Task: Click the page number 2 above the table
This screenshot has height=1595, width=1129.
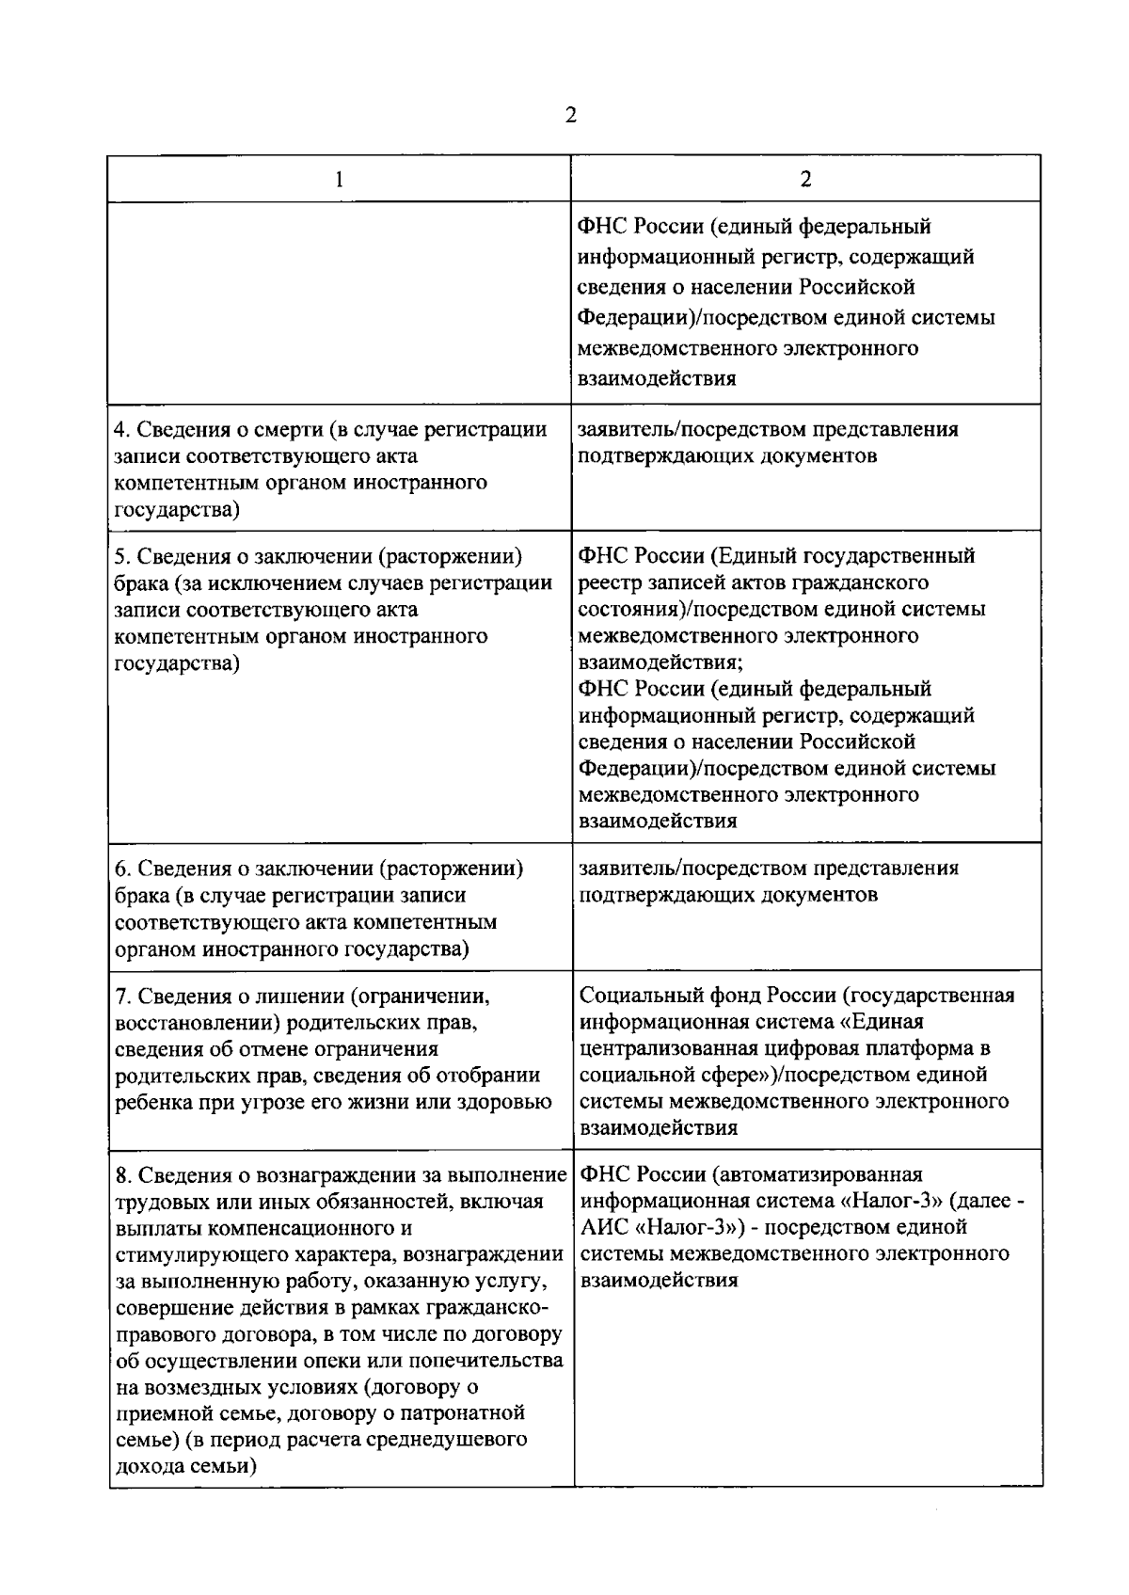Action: tap(569, 116)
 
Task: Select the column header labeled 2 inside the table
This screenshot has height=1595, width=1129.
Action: tap(805, 180)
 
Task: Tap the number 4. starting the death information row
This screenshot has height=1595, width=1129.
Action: tap(122, 430)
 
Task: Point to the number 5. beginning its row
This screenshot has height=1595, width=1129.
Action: tap(122, 556)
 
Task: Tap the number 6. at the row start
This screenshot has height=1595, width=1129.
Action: tap(122, 869)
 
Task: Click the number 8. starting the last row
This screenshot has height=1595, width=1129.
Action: tap(122, 1174)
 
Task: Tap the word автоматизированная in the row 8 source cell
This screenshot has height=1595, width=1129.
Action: tap(816, 1174)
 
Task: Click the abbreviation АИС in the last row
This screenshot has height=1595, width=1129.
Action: tap(603, 1227)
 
